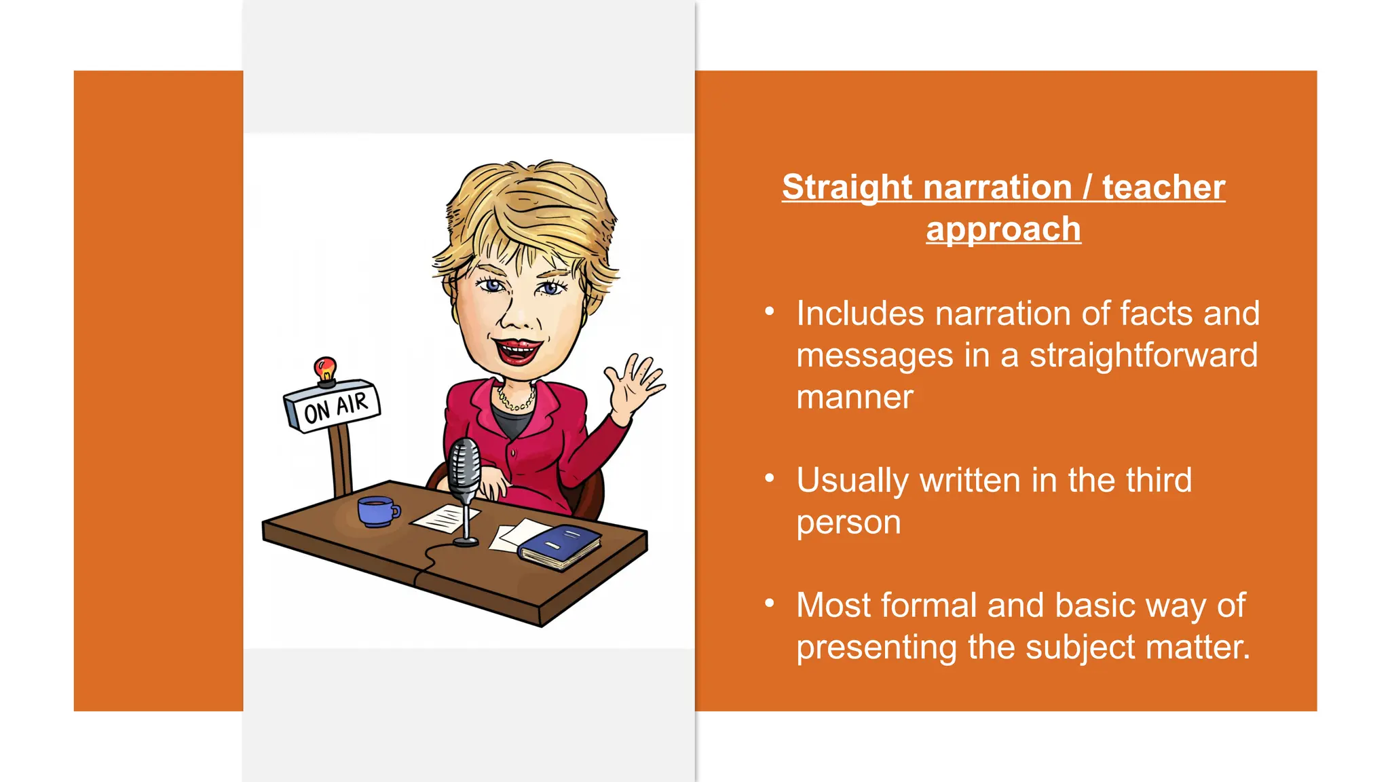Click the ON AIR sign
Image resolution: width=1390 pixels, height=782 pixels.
click(x=333, y=407)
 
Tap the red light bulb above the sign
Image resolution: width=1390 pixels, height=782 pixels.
click(x=325, y=369)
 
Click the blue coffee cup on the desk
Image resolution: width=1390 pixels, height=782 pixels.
click(x=376, y=510)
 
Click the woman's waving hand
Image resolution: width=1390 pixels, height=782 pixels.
click(x=634, y=387)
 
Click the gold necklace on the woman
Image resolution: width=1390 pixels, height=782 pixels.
click(x=516, y=400)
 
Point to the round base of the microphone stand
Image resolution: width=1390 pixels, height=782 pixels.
click(x=466, y=541)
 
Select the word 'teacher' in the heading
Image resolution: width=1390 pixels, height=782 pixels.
click(x=1163, y=187)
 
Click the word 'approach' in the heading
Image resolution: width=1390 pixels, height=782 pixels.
click(x=1003, y=229)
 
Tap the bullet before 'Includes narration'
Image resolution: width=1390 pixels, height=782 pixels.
click(x=769, y=312)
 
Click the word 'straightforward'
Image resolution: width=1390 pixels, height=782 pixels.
click(x=1143, y=356)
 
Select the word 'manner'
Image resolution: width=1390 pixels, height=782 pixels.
click(x=854, y=397)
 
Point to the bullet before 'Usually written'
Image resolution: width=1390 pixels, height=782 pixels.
click(x=769, y=478)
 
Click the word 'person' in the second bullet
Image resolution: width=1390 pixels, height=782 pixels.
click(x=848, y=523)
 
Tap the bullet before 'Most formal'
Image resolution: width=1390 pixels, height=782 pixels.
click(x=769, y=603)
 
